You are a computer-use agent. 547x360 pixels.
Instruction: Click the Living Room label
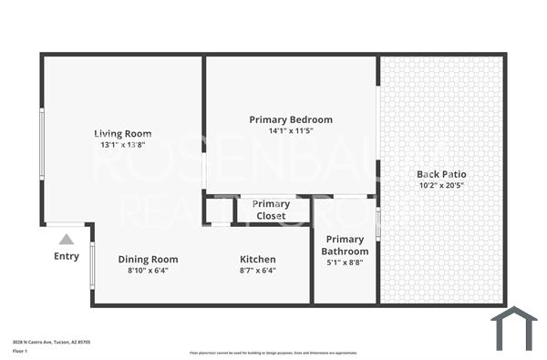[123, 134]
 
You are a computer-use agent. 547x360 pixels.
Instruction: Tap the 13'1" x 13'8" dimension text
[123, 145]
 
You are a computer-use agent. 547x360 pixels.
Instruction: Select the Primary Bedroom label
[291, 119]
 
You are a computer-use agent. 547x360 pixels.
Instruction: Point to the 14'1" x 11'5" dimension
[291, 131]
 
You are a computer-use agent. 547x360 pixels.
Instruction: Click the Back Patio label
[441, 174]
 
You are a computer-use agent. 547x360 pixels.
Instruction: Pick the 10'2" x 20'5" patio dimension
[441, 186]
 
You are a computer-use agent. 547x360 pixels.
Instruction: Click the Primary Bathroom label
[346, 245]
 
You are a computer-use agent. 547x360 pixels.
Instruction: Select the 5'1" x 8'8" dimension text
[346, 263]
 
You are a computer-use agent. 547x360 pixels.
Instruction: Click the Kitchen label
[258, 259]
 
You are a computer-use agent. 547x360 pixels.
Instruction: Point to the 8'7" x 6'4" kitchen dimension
[258, 270]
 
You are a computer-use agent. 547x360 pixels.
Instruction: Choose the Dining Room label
[148, 259]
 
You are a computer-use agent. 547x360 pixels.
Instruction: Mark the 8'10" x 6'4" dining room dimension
[148, 270]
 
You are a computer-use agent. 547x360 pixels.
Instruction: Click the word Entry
[67, 256]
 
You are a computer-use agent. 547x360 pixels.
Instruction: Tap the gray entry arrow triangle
[66, 240]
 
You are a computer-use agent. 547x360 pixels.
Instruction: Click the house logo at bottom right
[513, 327]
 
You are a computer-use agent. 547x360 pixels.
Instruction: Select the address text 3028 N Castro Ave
[51, 342]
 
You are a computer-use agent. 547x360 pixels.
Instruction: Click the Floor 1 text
[20, 351]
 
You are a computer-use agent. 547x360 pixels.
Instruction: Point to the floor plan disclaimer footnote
[273, 352]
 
